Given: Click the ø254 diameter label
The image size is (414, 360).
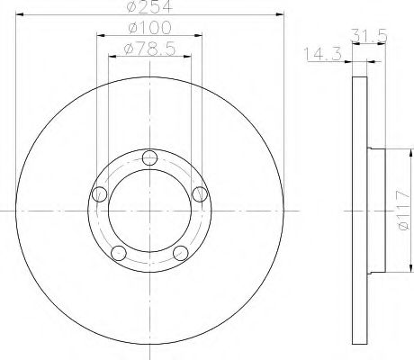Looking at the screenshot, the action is click(149, 6).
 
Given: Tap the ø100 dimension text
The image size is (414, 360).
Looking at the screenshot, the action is click(149, 28).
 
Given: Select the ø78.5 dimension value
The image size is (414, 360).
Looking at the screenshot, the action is click(149, 49).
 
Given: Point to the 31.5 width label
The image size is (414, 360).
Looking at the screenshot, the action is click(369, 36).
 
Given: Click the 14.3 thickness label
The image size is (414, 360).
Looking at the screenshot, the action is click(323, 54).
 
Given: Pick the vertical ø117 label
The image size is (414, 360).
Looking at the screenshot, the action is click(402, 211).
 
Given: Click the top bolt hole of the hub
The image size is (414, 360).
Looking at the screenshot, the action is click(149, 157).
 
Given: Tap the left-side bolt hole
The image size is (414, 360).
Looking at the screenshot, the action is click(100, 194).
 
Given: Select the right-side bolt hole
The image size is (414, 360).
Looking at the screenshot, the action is click(200, 194).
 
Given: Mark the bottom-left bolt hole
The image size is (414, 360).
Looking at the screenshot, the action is click(119, 253).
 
